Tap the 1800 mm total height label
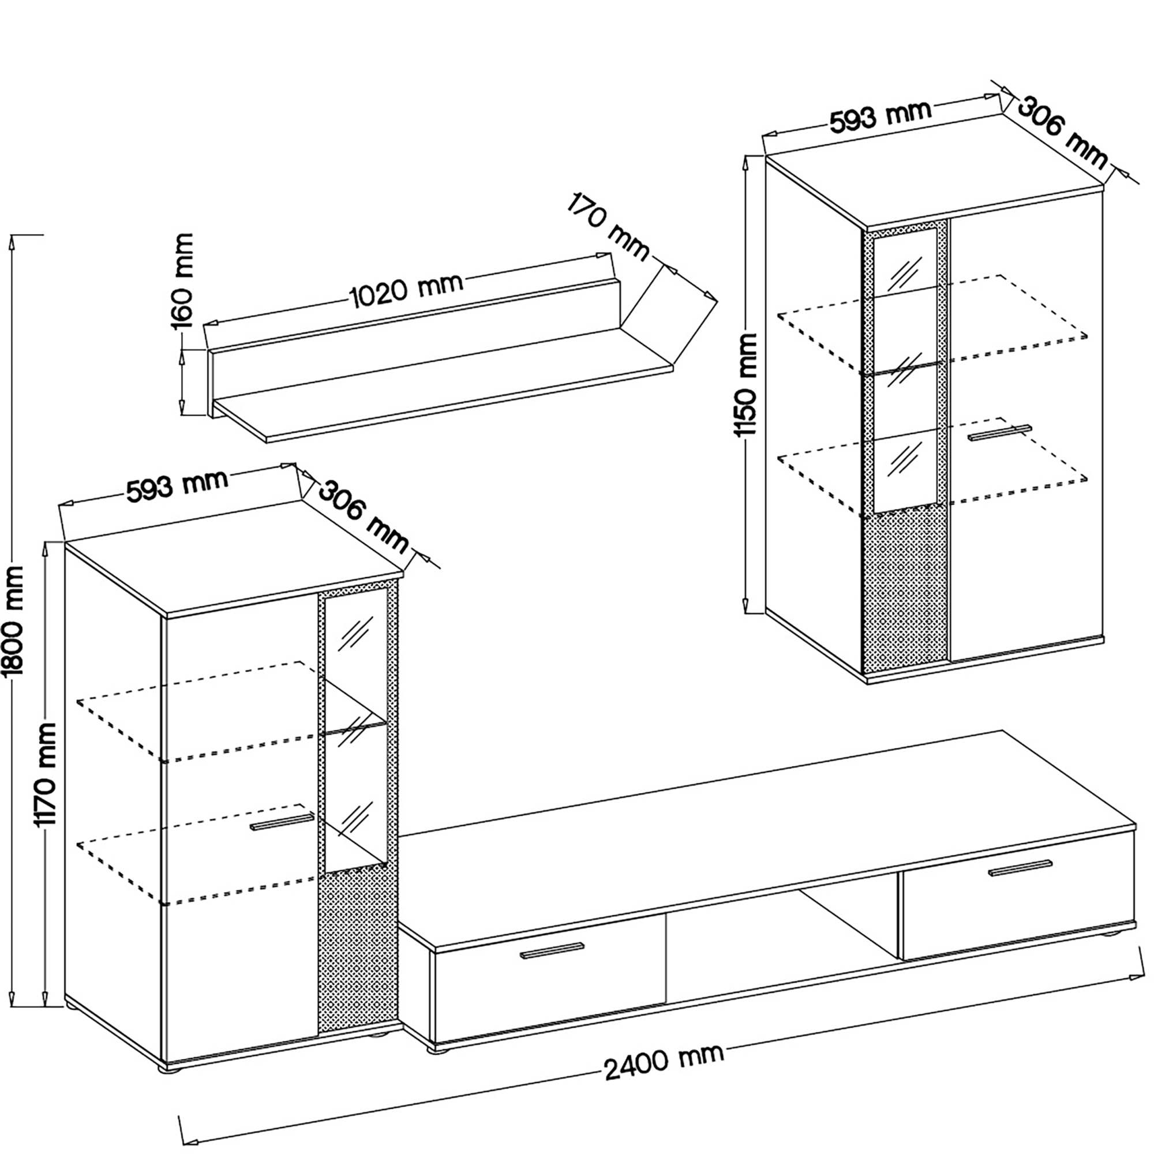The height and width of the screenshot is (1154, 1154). [x=13, y=621]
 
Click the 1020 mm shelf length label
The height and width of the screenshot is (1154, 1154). [x=406, y=291]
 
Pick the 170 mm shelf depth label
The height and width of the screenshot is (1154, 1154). [x=608, y=226]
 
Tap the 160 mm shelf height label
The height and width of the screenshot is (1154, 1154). [x=183, y=282]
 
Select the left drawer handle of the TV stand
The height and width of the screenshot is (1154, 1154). [x=552, y=951]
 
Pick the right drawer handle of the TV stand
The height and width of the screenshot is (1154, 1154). [x=1020, y=868]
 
